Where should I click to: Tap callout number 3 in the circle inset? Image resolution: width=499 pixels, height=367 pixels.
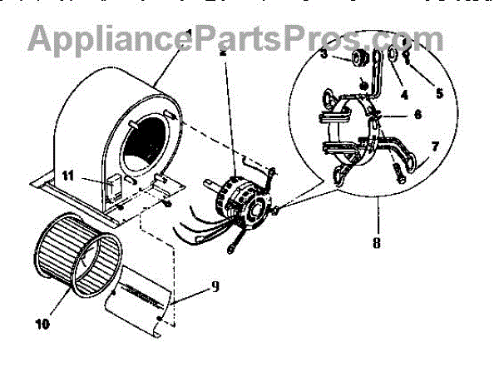(x=324, y=54)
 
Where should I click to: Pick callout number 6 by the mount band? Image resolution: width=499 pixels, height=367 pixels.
(x=417, y=114)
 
